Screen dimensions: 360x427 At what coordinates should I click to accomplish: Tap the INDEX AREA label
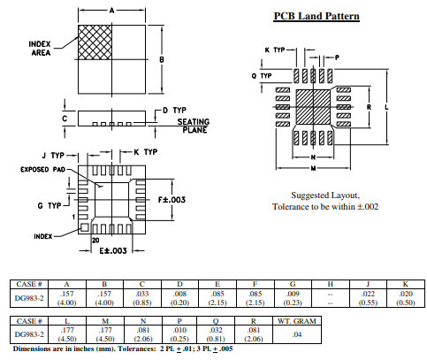(42, 50)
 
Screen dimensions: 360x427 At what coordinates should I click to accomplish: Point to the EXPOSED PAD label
(42, 169)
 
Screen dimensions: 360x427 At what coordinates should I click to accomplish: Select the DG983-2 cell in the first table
(31, 297)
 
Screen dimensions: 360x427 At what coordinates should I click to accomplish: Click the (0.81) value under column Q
(217, 339)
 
